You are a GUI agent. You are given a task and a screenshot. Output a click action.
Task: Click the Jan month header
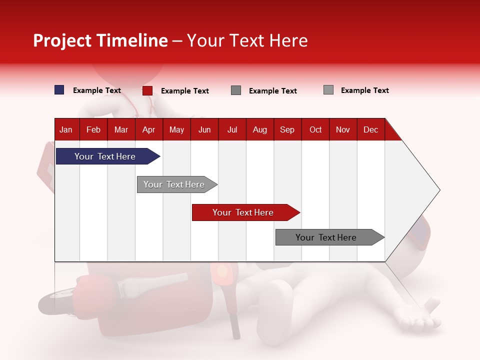(x=66, y=130)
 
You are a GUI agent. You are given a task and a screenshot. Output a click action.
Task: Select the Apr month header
(x=149, y=130)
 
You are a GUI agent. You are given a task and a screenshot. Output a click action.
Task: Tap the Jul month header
(x=232, y=130)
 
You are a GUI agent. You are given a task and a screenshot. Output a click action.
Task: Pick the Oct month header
(x=315, y=130)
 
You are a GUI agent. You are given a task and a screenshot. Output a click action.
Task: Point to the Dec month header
(x=370, y=130)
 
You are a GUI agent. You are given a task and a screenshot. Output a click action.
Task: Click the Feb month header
(x=93, y=130)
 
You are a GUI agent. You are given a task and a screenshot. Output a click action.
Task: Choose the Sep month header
(x=287, y=130)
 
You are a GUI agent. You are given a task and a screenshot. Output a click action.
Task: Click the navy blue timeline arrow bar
(x=108, y=156)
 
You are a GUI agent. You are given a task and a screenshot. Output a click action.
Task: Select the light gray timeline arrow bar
(x=177, y=184)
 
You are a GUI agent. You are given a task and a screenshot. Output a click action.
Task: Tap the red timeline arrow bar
(x=246, y=212)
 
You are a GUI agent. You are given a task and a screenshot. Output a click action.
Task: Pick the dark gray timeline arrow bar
(x=330, y=237)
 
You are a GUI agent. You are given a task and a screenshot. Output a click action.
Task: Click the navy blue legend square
(x=59, y=89)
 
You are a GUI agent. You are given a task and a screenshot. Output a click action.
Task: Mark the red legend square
(x=147, y=90)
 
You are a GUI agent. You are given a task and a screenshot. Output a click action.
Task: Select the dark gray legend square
(x=235, y=90)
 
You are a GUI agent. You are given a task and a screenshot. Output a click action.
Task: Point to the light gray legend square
(x=328, y=89)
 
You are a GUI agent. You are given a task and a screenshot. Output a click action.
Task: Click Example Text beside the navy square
(x=96, y=90)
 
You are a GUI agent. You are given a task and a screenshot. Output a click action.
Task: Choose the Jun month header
(x=204, y=130)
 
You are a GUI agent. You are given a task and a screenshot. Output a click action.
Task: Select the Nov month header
(x=343, y=130)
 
